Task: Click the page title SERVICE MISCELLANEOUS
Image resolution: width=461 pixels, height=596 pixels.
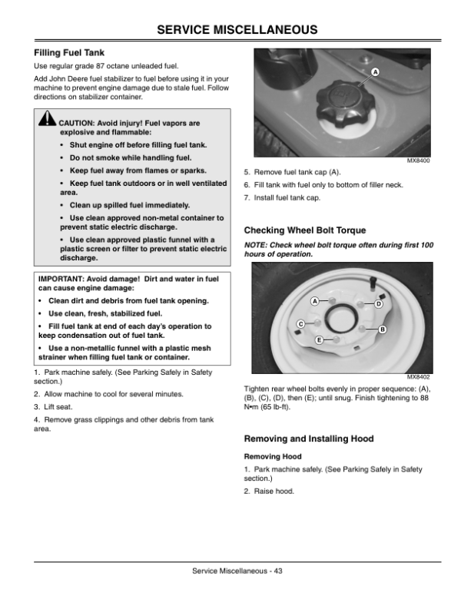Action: pyautogui.click(x=230, y=30)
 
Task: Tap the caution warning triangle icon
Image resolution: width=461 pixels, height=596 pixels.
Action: pyautogui.click(x=48, y=121)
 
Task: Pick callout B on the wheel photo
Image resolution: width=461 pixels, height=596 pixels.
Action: pyautogui.click(x=382, y=329)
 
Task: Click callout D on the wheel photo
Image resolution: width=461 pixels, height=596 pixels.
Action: pyautogui.click(x=379, y=304)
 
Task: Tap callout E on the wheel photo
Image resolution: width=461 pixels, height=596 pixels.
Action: pyautogui.click(x=318, y=339)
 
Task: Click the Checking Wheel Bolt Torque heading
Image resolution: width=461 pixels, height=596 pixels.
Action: pyautogui.click(x=304, y=230)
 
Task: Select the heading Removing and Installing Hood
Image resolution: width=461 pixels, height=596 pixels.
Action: pyautogui.click(x=308, y=439)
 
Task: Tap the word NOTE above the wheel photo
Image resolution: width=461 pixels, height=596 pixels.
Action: pyautogui.click(x=255, y=244)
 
